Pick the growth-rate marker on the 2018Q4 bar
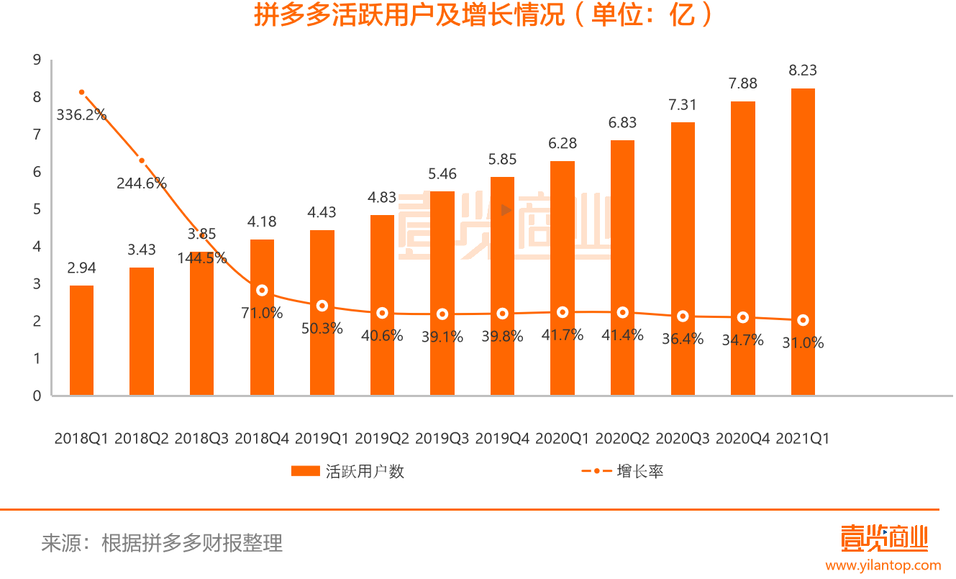(x=262, y=291)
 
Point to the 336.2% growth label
(x=82, y=114)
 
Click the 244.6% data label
(x=142, y=183)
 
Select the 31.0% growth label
(x=803, y=343)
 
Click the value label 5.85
(x=502, y=160)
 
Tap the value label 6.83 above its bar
(x=622, y=123)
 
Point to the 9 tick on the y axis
(x=37, y=60)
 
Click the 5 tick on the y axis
(x=37, y=209)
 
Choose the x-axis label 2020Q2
(x=623, y=438)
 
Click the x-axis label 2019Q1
(x=322, y=438)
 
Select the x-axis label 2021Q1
(x=803, y=438)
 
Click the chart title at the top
(x=478, y=17)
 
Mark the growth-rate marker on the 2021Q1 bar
(x=803, y=320)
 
